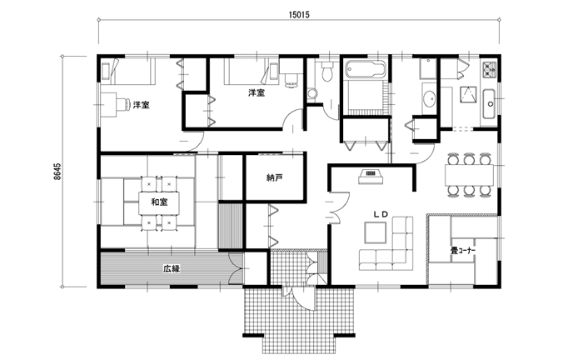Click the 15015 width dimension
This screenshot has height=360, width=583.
click(x=299, y=15)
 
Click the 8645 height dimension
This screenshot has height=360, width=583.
click(x=57, y=171)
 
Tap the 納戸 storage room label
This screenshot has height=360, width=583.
click(x=275, y=177)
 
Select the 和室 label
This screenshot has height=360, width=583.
click(x=159, y=202)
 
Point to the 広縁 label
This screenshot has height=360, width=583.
click(x=172, y=268)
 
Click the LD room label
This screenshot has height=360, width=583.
click(x=381, y=214)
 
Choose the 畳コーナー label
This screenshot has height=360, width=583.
click(x=463, y=251)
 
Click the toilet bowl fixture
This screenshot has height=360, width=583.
click(x=327, y=71)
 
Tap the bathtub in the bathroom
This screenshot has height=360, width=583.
click(x=365, y=69)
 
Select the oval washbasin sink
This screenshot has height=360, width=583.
click(x=430, y=98)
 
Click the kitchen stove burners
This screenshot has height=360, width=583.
click(x=490, y=70)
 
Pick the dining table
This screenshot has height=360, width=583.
click(x=469, y=174)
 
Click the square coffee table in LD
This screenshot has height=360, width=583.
click(x=376, y=232)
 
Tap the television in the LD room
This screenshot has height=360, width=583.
click(x=371, y=177)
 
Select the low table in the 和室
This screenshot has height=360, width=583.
click(x=159, y=202)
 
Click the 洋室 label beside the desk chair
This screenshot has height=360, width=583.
click(x=142, y=105)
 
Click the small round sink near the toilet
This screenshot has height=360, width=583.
click(x=311, y=92)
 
